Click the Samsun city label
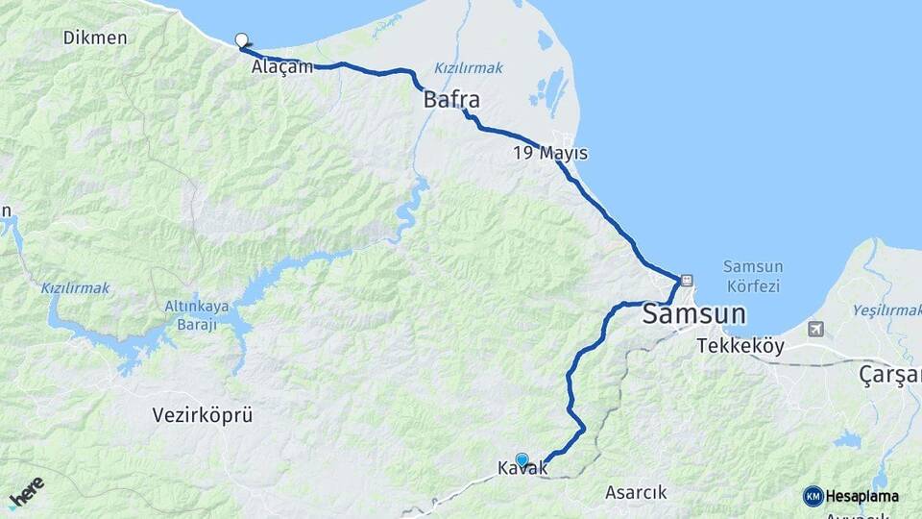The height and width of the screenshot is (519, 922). pyautogui.click(x=693, y=313)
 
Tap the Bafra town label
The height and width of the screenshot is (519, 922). pyautogui.click(x=451, y=100)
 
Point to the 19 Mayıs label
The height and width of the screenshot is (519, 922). pyautogui.click(x=550, y=153)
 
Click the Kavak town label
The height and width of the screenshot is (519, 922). pyautogui.click(x=522, y=469)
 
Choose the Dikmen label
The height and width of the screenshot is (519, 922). pyautogui.click(x=95, y=37)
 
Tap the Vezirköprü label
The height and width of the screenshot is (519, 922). pyautogui.click(x=203, y=415)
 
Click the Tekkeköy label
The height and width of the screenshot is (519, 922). pyautogui.click(x=740, y=346)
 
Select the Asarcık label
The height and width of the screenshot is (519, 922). pyautogui.click(x=636, y=493)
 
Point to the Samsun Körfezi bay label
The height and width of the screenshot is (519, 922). pyautogui.click(x=753, y=276)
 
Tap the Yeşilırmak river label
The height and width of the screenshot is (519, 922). pyautogui.click(x=886, y=310)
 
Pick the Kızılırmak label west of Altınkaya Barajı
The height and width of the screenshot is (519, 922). pyautogui.click(x=75, y=288)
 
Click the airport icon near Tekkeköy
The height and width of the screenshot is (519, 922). pyautogui.click(x=816, y=330)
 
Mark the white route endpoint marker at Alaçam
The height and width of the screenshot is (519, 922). pyautogui.click(x=242, y=40)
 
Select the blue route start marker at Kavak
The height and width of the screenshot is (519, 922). pyautogui.click(x=522, y=459)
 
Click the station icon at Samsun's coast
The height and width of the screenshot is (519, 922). pyautogui.click(x=686, y=281)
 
